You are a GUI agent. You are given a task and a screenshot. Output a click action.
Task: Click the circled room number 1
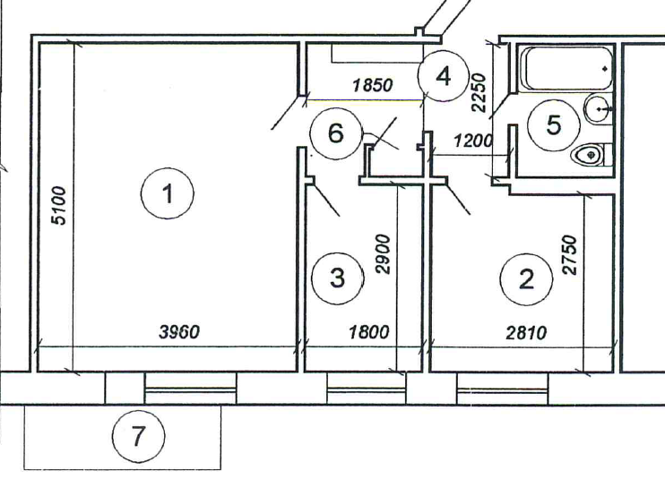[168, 192]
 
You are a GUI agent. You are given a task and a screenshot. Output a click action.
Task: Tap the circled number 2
[526, 278]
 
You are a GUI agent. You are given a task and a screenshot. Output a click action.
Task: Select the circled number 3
[337, 278]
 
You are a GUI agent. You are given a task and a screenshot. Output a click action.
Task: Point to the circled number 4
[442, 76]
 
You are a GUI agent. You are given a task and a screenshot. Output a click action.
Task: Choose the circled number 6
[335, 134]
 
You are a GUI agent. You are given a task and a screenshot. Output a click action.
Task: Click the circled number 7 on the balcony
[137, 438]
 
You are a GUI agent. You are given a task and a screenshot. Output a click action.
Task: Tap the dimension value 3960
[179, 332]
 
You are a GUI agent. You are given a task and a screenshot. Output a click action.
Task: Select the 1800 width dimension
[367, 332]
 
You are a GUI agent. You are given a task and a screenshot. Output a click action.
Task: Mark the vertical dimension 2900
[384, 254]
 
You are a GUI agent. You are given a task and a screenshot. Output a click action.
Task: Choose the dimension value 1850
[373, 86]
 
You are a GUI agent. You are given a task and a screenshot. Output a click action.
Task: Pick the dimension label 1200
[474, 141]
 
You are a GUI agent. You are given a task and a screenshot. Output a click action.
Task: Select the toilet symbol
[589, 155]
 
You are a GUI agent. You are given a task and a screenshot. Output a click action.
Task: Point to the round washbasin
[598, 109]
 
